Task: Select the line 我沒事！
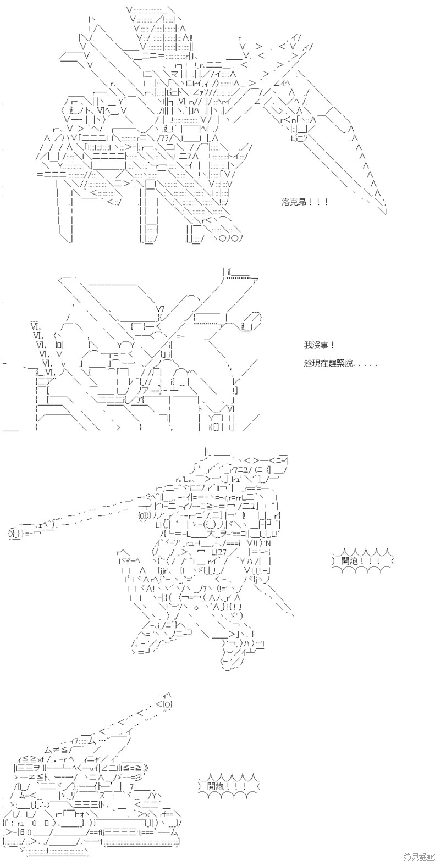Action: pos(318,346)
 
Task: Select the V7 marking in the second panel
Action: pos(161,308)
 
